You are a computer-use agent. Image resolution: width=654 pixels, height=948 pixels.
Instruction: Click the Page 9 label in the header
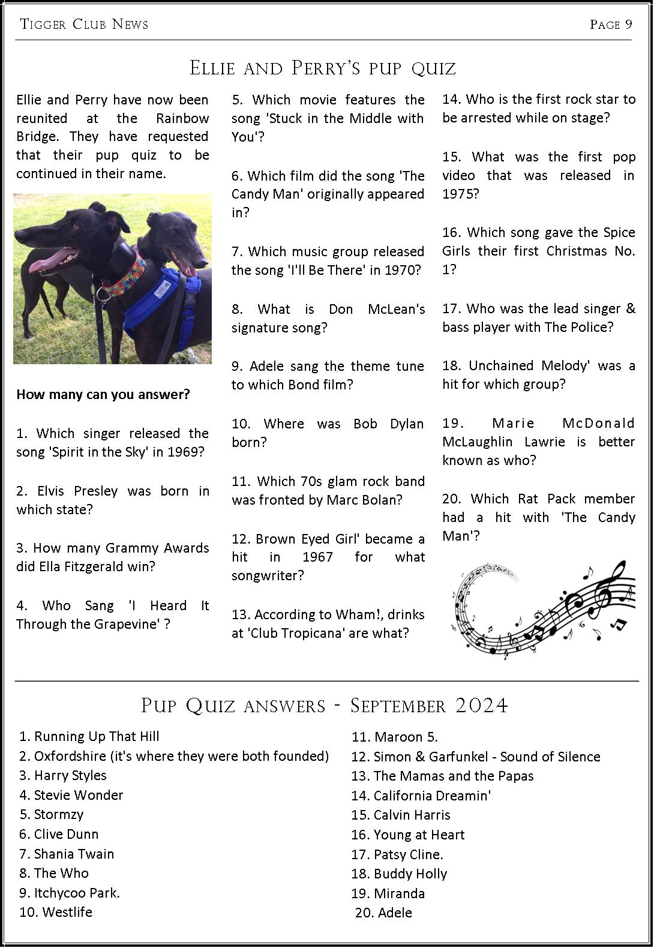[x=611, y=24]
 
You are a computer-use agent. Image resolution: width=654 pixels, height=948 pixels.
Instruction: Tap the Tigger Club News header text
[x=84, y=24]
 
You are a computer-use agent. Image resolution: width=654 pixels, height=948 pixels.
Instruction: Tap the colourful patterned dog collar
[x=121, y=273]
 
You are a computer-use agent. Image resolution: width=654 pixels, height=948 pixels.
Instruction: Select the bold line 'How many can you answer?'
[x=103, y=394]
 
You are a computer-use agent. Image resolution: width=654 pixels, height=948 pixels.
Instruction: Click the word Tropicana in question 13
[x=316, y=633]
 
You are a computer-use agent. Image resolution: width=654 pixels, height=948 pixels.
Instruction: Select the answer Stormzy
[x=58, y=814]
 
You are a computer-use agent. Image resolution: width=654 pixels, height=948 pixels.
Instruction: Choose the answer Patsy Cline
[x=408, y=854]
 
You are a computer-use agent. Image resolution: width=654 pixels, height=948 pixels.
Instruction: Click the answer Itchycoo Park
[x=76, y=893]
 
